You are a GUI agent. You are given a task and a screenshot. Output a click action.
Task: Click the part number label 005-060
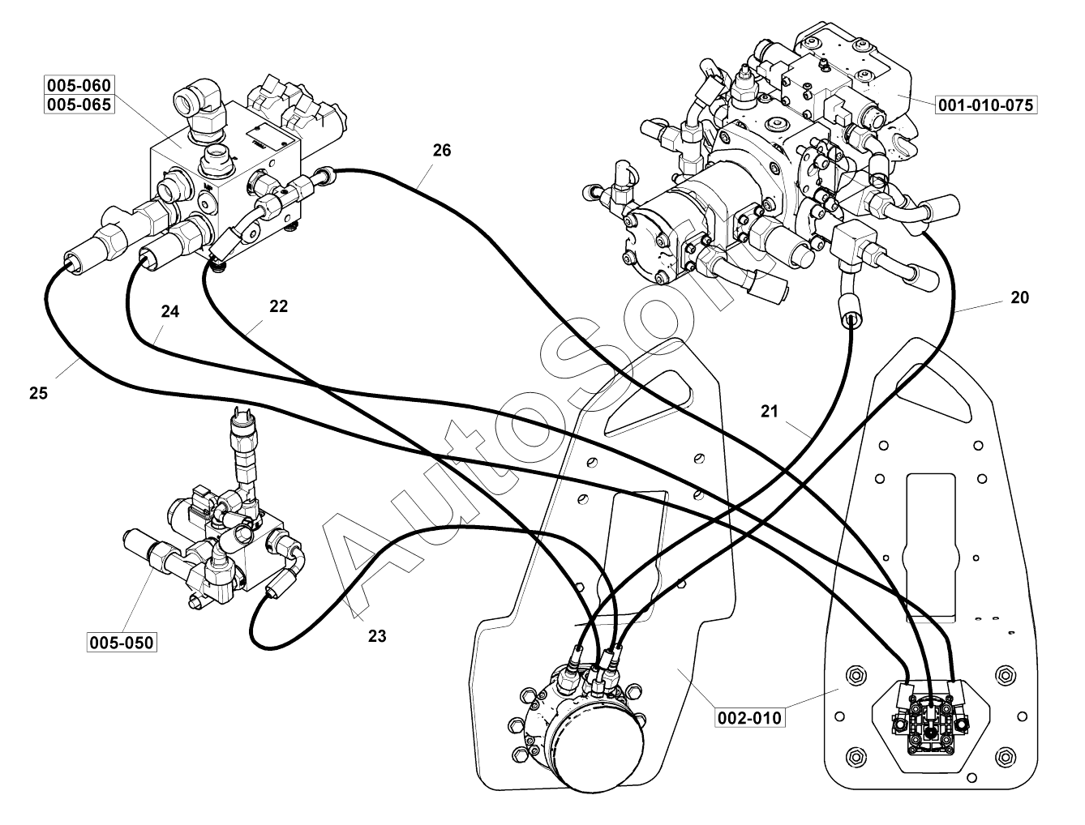pyautogui.click(x=79, y=85)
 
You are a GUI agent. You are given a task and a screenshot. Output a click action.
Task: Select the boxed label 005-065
pyautogui.click(x=79, y=105)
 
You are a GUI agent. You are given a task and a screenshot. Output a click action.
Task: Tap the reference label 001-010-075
pyautogui.click(x=987, y=105)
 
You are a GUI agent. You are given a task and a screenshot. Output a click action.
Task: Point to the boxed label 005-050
pyautogui.click(x=122, y=643)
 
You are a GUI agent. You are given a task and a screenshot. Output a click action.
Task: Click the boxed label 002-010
pyautogui.click(x=750, y=717)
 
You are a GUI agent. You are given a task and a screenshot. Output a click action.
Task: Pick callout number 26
pyautogui.click(x=441, y=150)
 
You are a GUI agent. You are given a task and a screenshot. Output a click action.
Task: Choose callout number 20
pyautogui.click(x=1019, y=297)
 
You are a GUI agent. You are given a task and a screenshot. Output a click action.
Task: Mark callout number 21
pyautogui.click(x=769, y=412)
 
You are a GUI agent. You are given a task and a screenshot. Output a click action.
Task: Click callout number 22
pyautogui.click(x=278, y=306)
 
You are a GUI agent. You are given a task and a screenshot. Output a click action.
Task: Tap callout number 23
pyautogui.click(x=377, y=636)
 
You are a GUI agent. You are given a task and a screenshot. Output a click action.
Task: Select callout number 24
pyautogui.click(x=169, y=311)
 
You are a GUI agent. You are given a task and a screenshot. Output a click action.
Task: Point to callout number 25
pyautogui.click(x=38, y=393)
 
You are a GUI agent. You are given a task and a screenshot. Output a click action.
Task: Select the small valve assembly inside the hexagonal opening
pyautogui.click(x=929, y=713)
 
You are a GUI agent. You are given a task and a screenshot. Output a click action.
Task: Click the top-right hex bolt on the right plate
pyautogui.click(x=1004, y=675)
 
